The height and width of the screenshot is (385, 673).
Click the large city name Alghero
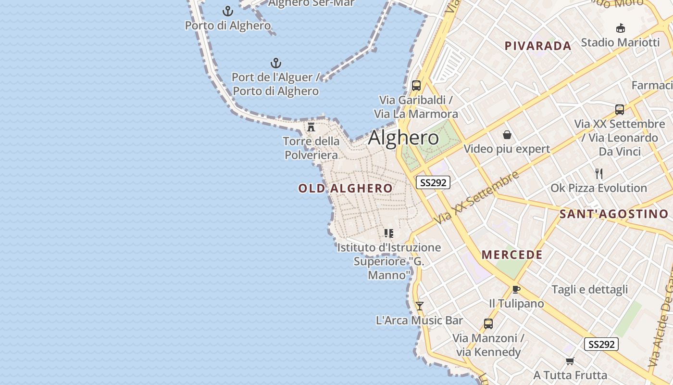pos(403,138)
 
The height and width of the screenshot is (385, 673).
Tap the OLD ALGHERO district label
pos(345,188)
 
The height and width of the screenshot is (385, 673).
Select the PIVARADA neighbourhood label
pos(538,46)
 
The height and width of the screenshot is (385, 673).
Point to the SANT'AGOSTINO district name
pos(614,214)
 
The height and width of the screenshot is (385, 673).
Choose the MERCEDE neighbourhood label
pos(512,255)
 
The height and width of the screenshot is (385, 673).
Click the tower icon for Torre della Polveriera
pos(311,127)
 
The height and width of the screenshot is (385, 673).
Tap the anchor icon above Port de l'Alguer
pos(275,63)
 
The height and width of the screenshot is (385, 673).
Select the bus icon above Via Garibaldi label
pos(416,86)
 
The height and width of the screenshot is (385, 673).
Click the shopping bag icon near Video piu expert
pos(507,135)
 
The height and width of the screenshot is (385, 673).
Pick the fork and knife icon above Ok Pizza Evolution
pos(598,173)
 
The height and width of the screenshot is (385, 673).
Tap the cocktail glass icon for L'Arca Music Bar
pos(419,306)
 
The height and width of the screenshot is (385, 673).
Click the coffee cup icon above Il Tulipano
pos(516,289)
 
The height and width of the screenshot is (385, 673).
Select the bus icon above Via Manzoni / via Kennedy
pos(488,323)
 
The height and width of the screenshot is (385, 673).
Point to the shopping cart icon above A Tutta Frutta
pos(570,361)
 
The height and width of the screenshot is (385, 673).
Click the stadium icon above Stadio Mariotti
pos(620,28)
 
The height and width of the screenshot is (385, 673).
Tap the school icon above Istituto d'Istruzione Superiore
pos(388,233)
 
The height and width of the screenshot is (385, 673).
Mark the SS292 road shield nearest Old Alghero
pos(433,182)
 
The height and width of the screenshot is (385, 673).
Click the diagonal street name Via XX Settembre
pos(477,197)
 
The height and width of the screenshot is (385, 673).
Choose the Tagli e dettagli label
pos(589,290)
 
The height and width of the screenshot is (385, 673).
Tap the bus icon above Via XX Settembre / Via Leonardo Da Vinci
pos(619,109)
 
